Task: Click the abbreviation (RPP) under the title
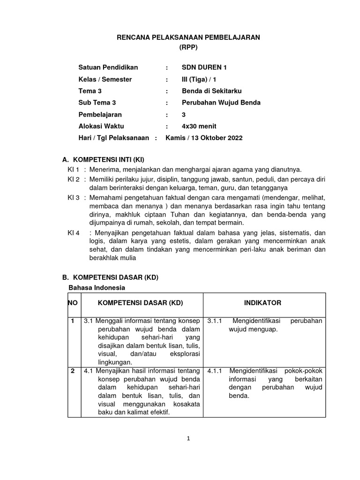(x=187, y=47)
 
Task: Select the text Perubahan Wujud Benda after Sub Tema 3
(x=221, y=103)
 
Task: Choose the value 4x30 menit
(x=199, y=126)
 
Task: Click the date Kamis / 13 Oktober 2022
(x=204, y=138)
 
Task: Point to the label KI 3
(x=74, y=198)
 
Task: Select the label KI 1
(x=74, y=169)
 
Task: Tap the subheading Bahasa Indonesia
(x=97, y=287)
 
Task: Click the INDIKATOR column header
(x=262, y=303)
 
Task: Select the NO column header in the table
(x=73, y=303)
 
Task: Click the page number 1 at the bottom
(x=188, y=439)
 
